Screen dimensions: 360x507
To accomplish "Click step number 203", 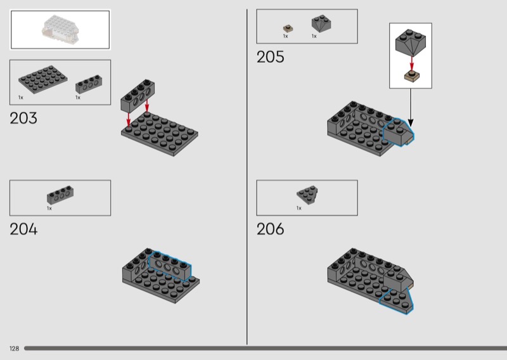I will pyautogui.click(x=23, y=118).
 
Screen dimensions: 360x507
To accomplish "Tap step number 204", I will pyautogui.click(x=23, y=229).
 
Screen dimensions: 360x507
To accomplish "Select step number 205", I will pyautogui.click(x=270, y=57).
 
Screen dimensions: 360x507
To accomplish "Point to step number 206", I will pyautogui.click(x=270, y=229).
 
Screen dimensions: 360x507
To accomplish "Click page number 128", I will pyautogui.click(x=14, y=349).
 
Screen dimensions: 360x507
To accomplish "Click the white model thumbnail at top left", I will pyautogui.click(x=60, y=29).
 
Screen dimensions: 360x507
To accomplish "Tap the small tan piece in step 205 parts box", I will pyautogui.click(x=287, y=29).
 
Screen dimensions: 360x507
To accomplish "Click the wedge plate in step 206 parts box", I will pyautogui.click(x=309, y=193).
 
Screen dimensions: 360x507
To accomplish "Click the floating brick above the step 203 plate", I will pyautogui.click(x=138, y=95).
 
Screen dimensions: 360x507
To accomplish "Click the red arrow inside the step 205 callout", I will pyautogui.click(x=411, y=62).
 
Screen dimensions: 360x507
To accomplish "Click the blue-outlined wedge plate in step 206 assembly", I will pyautogui.click(x=397, y=301).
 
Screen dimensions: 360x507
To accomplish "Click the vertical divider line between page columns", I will pyautogui.click(x=247, y=177).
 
